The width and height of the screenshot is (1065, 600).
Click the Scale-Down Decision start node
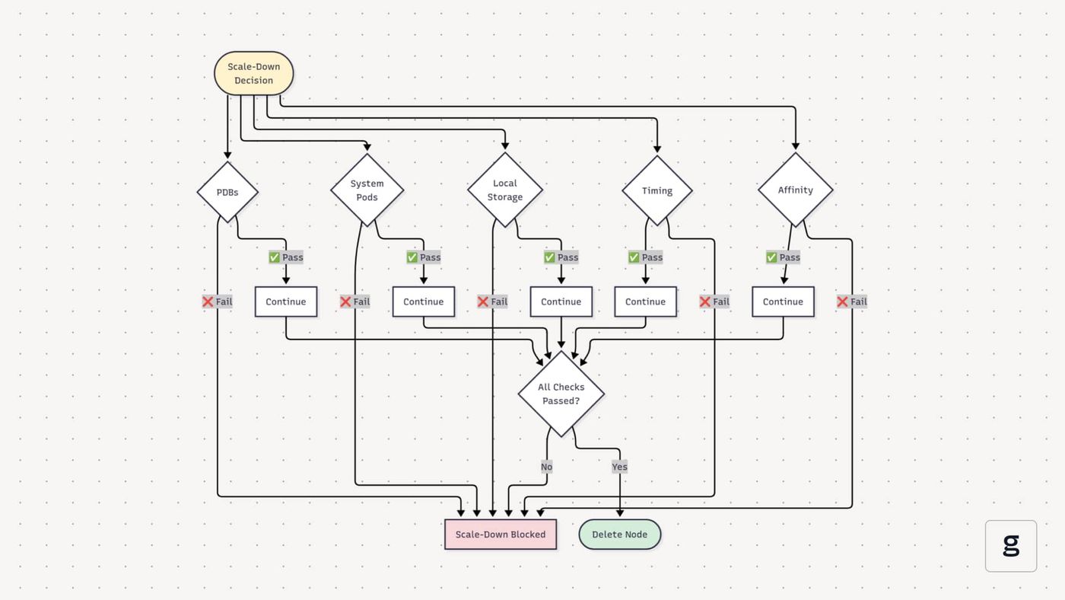[x=253, y=73]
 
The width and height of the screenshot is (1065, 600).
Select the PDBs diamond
[x=227, y=192]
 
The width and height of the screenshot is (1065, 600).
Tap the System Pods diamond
[x=367, y=190]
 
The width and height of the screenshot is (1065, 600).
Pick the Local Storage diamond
[x=505, y=190]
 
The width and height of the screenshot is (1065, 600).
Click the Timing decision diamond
[x=657, y=190]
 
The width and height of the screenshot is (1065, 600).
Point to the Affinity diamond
[x=796, y=190]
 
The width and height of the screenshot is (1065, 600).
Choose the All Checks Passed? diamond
[x=561, y=394]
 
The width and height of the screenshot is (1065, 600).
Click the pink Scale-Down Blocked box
[x=501, y=535]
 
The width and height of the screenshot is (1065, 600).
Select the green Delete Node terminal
[x=619, y=535]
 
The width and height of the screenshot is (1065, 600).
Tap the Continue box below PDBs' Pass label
[x=286, y=302]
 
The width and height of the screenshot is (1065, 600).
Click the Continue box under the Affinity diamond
[x=783, y=302]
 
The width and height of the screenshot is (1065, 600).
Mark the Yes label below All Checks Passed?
[x=619, y=467]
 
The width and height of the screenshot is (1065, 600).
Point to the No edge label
[x=547, y=467]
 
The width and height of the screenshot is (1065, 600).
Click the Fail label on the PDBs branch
[x=218, y=302]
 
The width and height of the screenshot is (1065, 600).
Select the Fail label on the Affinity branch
[x=852, y=302]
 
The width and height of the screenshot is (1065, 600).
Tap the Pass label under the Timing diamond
[x=646, y=257]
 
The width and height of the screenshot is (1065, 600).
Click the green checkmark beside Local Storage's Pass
[x=549, y=257]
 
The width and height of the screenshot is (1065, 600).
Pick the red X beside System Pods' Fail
[x=345, y=302]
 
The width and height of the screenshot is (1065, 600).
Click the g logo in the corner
[x=1011, y=546]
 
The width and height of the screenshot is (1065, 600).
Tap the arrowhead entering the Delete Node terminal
[x=620, y=513]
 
